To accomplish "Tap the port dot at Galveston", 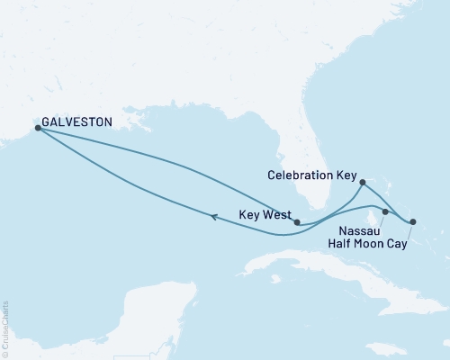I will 38,128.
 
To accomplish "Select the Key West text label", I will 264,216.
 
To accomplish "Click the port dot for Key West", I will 297,222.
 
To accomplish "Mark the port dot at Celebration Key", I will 362,183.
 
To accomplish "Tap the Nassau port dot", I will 385,212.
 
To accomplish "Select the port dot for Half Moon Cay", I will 413,221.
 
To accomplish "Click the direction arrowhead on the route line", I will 213,216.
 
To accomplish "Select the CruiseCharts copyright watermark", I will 4,328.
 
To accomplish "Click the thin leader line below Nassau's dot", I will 383,220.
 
